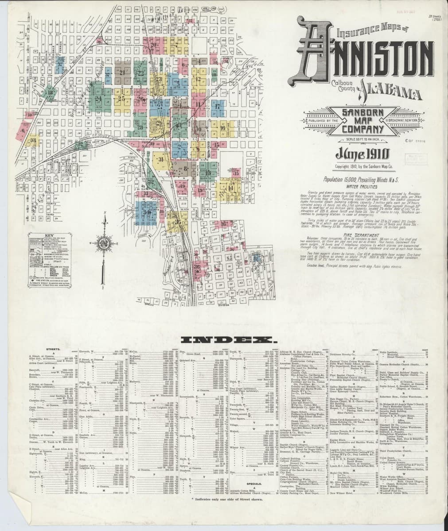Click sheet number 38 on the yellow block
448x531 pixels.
click(33, 141)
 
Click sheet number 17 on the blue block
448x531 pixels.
click(218, 107)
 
